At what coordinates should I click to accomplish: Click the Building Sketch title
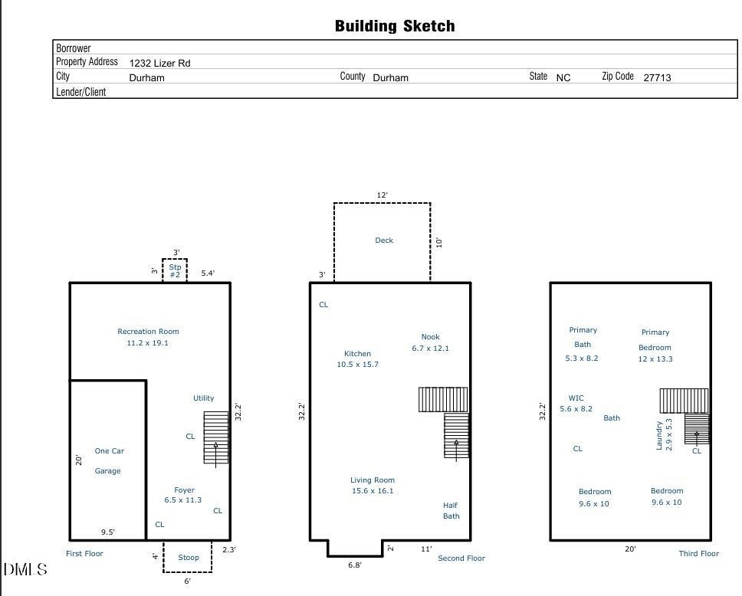click(x=395, y=26)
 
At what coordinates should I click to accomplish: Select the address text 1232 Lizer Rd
click(x=160, y=63)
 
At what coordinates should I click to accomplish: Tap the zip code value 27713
click(x=657, y=77)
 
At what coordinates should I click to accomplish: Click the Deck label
click(x=384, y=241)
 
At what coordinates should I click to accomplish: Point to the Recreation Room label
click(x=148, y=332)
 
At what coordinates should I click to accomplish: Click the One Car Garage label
click(x=109, y=460)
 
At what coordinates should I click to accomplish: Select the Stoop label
click(x=189, y=557)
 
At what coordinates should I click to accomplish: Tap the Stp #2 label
click(x=175, y=270)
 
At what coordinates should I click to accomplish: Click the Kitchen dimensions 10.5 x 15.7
click(x=358, y=364)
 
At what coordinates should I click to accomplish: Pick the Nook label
click(x=430, y=337)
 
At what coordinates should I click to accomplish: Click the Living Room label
click(x=373, y=480)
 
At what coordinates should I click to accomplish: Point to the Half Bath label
click(x=451, y=511)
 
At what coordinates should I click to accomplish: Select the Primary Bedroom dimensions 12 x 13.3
click(x=655, y=359)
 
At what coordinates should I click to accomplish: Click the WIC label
click(x=576, y=398)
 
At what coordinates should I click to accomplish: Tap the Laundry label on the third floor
click(x=658, y=435)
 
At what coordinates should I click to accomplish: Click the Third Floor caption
click(x=698, y=553)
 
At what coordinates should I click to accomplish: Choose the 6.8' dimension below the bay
click(x=354, y=565)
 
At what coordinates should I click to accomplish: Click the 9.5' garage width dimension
click(x=108, y=532)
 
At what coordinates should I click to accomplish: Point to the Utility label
click(x=203, y=398)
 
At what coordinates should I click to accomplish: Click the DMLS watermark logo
click(x=25, y=569)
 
